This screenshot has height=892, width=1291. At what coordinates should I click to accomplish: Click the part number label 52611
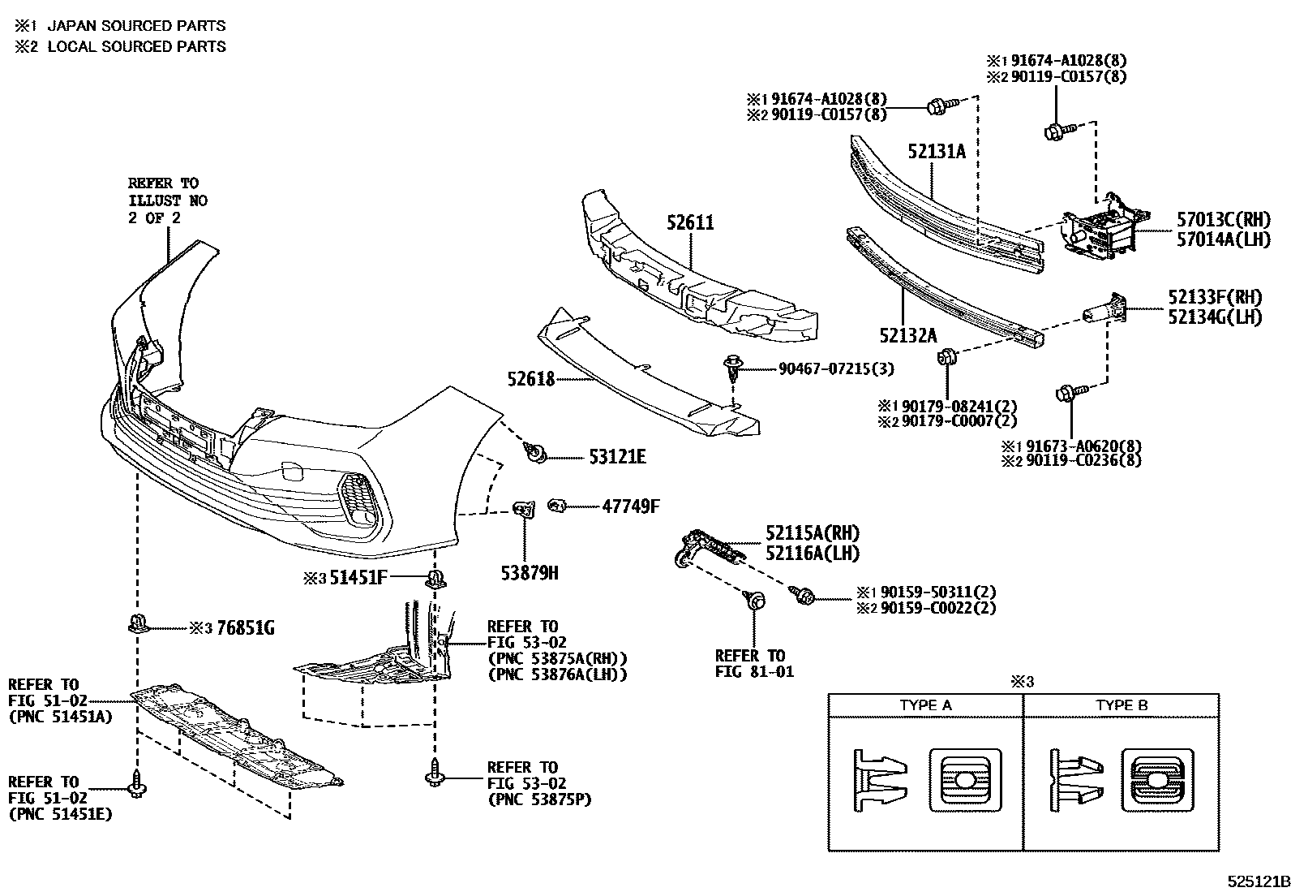691,222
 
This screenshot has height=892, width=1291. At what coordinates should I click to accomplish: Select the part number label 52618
531,378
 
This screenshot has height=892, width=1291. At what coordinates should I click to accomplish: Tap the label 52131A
937,152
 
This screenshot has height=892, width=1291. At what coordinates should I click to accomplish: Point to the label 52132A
907,335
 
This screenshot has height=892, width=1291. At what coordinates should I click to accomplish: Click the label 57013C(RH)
1223,219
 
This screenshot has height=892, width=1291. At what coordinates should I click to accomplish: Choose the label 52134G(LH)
1215,317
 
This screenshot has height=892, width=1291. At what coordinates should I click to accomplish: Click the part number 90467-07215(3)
836,369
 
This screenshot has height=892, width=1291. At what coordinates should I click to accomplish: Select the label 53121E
617,458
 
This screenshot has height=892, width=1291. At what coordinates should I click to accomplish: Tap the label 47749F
630,507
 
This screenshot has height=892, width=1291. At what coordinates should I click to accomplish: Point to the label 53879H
530,573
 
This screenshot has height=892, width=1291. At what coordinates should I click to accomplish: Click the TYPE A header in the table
925,705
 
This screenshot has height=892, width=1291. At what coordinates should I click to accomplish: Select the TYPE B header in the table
1122,705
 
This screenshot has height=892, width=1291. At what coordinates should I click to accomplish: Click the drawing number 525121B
1257,881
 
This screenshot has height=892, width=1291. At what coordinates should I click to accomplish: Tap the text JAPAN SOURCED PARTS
136,26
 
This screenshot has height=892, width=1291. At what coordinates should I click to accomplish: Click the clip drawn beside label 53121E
534,453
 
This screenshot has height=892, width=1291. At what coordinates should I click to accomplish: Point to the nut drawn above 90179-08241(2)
946,357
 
